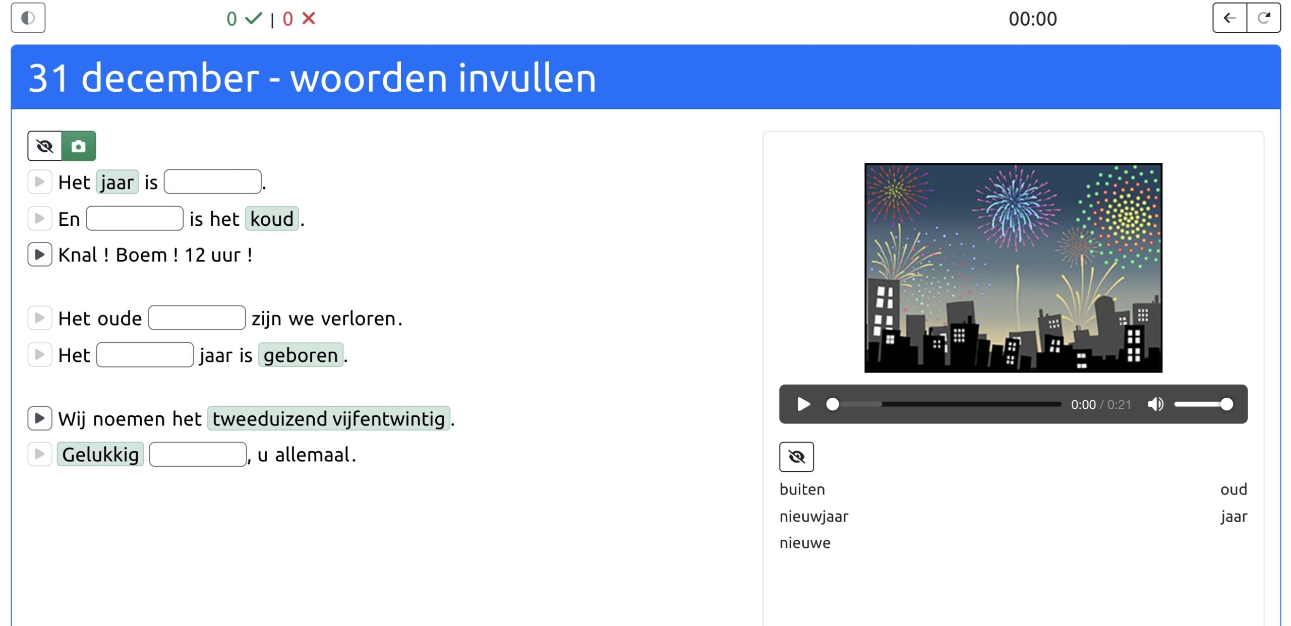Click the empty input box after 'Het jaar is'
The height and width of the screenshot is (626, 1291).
(x=212, y=182)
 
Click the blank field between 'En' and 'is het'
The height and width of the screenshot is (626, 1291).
(x=135, y=219)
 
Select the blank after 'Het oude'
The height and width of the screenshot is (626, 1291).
(x=197, y=318)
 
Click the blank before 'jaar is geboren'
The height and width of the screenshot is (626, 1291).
(x=145, y=355)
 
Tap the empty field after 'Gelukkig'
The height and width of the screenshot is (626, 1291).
(x=198, y=455)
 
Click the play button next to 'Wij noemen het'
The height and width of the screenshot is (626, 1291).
(x=40, y=418)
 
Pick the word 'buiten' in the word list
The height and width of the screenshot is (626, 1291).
(x=802, y=489)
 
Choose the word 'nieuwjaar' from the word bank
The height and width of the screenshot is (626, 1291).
(x=814, y=517)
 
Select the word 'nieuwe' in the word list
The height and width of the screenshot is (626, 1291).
(x=805, y=543)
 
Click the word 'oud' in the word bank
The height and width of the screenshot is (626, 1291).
(x=1234, y=489)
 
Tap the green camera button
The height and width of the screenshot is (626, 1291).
(x=79, y=146)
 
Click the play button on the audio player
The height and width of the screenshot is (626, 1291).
(x=803, y=404)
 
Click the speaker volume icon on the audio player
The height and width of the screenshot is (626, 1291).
(x=1155, y=404)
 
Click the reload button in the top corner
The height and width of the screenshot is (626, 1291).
(x=1264, y=18)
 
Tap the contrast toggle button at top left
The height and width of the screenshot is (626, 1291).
(x=28, y=18)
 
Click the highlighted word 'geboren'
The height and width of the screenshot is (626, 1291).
(x=301, y=355)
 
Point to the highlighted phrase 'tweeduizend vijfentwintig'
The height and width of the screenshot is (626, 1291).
(x=329, y=419)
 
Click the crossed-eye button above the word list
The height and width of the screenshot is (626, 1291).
(x=796, y=457)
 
